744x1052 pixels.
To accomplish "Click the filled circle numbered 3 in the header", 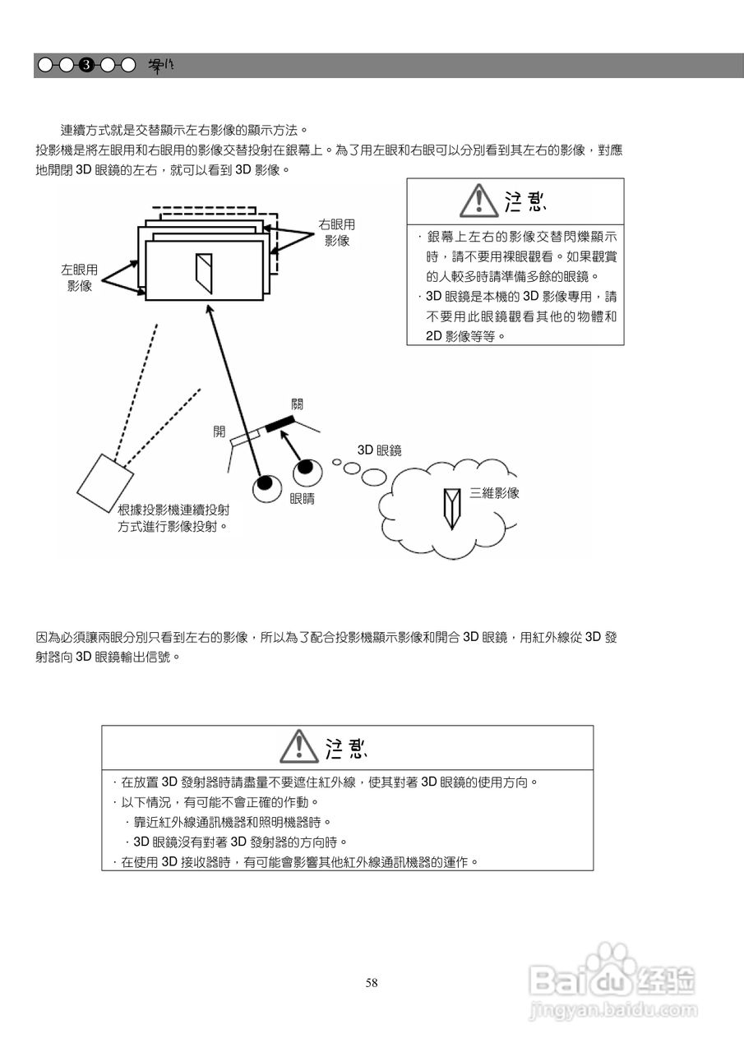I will (86, 65).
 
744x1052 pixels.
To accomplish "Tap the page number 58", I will (372, 983).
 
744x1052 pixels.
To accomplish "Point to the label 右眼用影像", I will (336, 233).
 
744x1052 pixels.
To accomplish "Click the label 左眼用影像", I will (79, 278).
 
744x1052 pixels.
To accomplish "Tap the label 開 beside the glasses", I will (220, 431).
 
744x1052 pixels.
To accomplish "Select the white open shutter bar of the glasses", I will (245, 438).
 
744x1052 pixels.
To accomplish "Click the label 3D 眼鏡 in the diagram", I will (379, 450).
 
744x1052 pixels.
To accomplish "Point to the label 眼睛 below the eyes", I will (302, 499).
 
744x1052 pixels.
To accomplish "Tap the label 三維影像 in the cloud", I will (494, 493).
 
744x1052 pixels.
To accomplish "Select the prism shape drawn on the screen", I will (204, 273).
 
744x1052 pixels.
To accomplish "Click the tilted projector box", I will (104, 486).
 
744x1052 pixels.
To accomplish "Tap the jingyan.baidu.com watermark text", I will (612, 1008).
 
